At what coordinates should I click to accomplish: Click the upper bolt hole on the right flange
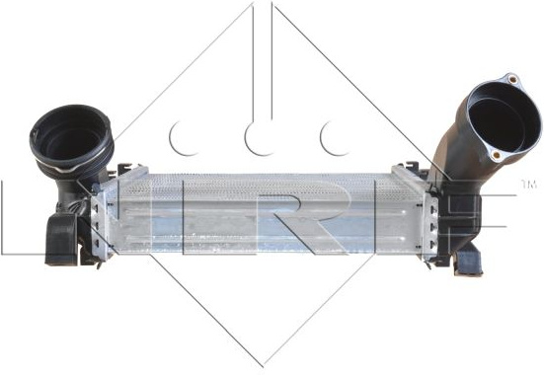pyautogui.click(x=512, y=79)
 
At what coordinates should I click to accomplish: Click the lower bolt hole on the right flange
pyautogui.click(x=497, y=155)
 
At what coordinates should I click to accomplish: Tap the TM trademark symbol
pyautogui.click(x=529, y=185)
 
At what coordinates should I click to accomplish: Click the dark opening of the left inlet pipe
pyautogui.click(x=71, y=140)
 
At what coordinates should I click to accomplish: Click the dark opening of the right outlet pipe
pyautogui.click(x=497, y=124)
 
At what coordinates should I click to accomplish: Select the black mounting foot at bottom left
pyautogui.click(x=61, y=240)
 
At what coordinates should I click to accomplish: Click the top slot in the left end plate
pyautogui.click(x=97, y=209)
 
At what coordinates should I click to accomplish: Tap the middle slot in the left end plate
pyautogui.click(x=97, y=226)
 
